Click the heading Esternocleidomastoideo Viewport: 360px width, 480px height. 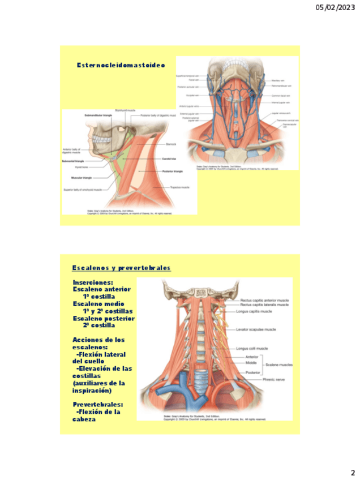point(121,65)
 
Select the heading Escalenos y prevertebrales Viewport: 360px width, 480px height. point(121,268)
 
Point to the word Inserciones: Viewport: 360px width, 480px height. point(93,282)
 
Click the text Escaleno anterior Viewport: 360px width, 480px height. point(101,289)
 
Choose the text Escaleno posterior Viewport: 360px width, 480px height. point(103,319)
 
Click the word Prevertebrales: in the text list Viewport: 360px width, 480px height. point(97,405)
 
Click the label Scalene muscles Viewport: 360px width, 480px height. point(278,365)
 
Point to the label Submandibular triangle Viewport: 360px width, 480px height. point(98,115)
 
